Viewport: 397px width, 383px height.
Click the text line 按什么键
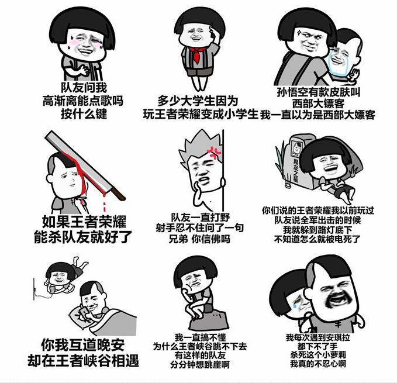pos(84,113)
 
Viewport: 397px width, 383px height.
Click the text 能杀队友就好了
pos(84,237)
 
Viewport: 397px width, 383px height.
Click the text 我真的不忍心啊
pos(318,363)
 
